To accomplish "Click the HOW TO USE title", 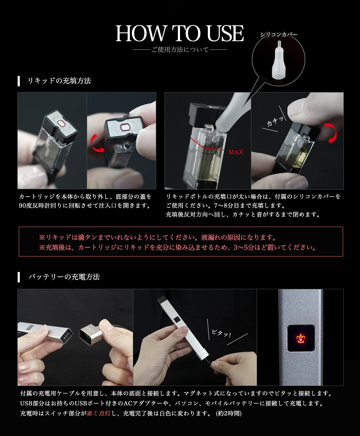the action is pyautogui.click(x=180, y=33).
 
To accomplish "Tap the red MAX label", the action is pyautogui.click(x=236, y=152).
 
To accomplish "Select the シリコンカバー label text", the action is pyautogui.click(x=279, y=35).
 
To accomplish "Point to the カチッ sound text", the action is pyautogui.click(x=275, y=121).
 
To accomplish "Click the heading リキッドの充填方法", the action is pyautogui.click(x=59, y=81).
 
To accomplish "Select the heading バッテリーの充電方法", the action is pyautogui.click(x=64, y=277).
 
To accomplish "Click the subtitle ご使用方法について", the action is pyautogui.click(x=180, y=50).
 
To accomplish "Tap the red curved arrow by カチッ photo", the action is pyautogui.click(x=330, y=133).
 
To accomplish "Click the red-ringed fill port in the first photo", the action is pyautogui.click(x=62, y=124).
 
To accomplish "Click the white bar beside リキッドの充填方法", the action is pyautogui.click(x=19, y=81).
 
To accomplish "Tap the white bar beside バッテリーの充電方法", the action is pyautogui.click(x=19, y=277).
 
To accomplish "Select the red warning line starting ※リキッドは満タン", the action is pyautogui.click(x=158, y=238).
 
